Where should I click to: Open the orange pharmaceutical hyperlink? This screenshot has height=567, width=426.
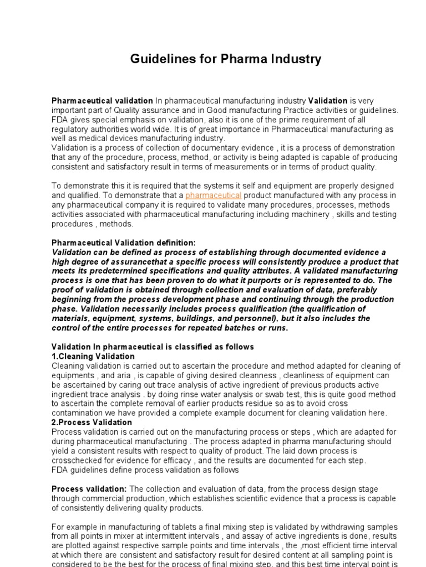coord(213,195)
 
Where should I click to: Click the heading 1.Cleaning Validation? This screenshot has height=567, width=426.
coord(93,356)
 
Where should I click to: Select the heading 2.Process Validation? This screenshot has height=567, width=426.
coord(92,422)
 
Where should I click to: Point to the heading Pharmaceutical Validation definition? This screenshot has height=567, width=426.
coord(124,243)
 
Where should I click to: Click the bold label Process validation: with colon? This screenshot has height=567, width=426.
coord(89,489)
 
